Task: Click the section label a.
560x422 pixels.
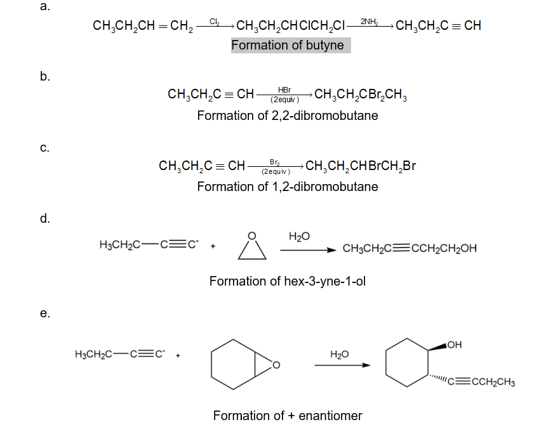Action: coord(44,7)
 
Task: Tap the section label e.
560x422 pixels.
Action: coord(44,313)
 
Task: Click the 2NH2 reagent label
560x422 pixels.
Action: coord(369,22)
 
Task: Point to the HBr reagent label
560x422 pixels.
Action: coord(284,91)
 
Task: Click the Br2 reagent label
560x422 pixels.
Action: coord(276,162)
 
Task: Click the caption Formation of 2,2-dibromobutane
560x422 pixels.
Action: coord(288,115)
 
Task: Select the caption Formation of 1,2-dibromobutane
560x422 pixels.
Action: coord(288,187)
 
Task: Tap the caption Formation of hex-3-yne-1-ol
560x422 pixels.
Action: coord(288,281)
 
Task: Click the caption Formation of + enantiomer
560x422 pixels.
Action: coord(288,416)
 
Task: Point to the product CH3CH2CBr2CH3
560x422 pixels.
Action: coord(361,96)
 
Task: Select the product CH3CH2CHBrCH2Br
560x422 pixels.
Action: coord(361,167)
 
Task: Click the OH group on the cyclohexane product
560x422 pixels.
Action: coord(455,345)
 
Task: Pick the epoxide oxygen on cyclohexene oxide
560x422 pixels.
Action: coord(276,365)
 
